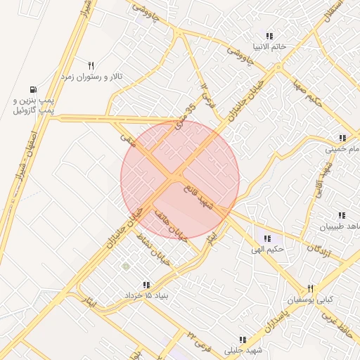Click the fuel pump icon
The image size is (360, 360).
(33, 89)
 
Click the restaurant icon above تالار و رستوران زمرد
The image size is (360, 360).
(91, 65)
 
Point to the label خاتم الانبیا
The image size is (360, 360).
(269, 47)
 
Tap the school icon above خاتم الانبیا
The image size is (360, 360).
(269, 36)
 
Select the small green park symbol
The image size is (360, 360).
(126, 266)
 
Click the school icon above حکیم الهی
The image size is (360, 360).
(267, 239)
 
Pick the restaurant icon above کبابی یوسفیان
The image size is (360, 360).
(310, 288)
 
